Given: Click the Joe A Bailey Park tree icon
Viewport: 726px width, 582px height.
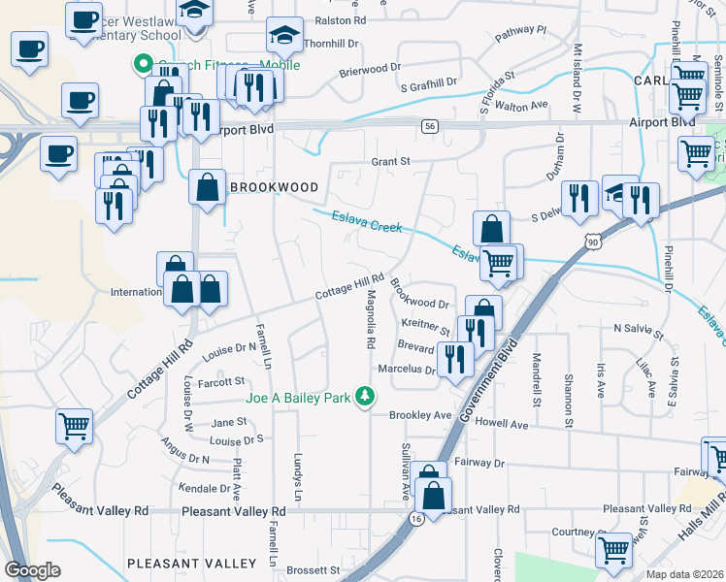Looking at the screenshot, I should pyautogui.click(x=365, y=397).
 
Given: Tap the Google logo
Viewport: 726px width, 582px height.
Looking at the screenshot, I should pyautogui.click(x=32, y=570).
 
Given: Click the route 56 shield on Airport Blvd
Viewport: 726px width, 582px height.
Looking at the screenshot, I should pyautogui.click(x=429, y=126).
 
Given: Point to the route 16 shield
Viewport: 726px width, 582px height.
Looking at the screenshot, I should pyautogui.click(x=415, y=519).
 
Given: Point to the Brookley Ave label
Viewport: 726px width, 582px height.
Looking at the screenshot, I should pyautogui.click(x=421, y=415).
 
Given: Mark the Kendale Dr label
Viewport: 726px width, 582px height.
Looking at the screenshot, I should pyautogui.click(x=203, y=487).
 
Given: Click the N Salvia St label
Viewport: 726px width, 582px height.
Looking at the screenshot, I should pyautogui.click(x=637, y=329).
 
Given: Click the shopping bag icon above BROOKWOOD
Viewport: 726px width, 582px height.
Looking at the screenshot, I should pyautogui.click(x=208, y=185).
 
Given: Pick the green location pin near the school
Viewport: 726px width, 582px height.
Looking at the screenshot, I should pyautogui.click(x=142, y=66).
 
